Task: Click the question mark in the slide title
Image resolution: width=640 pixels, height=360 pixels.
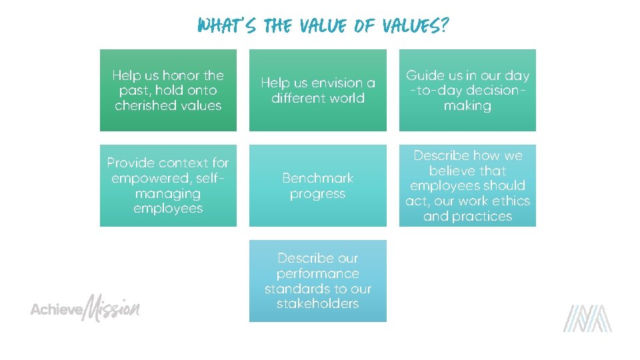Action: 443,26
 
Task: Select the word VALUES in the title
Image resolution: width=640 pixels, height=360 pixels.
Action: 408,26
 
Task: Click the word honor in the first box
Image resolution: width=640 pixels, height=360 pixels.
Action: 181,75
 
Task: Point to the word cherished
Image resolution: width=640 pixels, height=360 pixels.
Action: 146,106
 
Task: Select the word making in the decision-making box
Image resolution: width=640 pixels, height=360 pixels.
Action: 467,106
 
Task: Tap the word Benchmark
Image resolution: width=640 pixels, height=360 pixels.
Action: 318,178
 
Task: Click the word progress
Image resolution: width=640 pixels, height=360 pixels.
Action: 318,194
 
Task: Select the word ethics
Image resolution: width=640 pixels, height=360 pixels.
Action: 511,201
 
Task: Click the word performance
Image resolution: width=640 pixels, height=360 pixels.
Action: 318,273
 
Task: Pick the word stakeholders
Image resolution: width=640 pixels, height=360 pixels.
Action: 318,304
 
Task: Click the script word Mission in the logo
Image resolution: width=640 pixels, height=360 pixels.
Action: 112,309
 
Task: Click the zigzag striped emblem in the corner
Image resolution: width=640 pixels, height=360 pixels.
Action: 587,318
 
